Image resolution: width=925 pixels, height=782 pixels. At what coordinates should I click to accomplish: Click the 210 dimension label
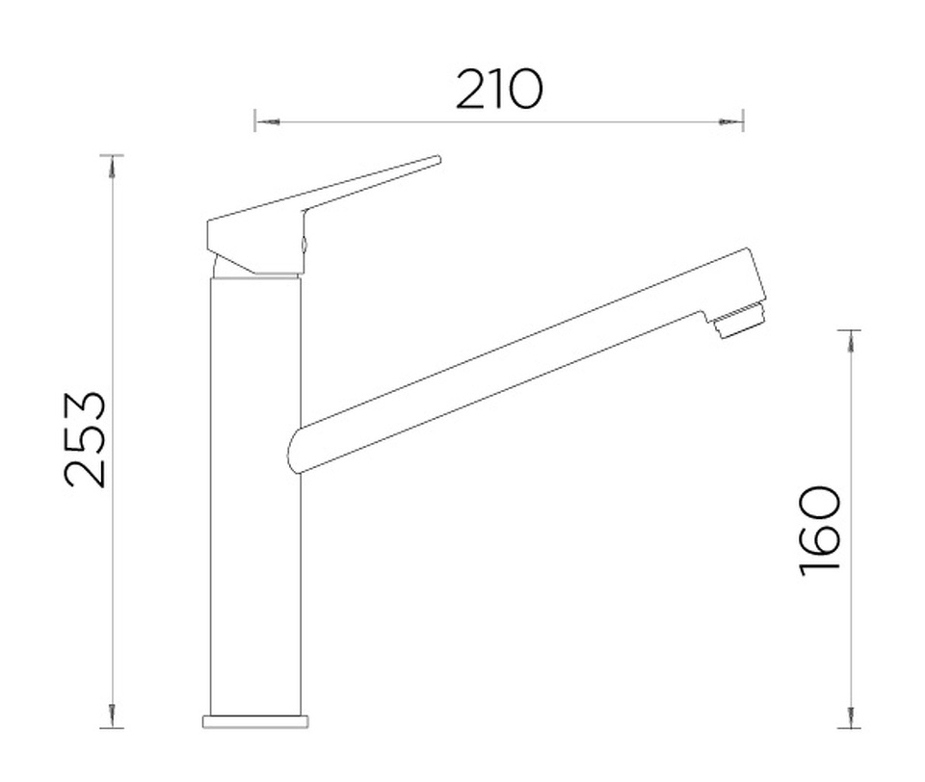coord(498,90)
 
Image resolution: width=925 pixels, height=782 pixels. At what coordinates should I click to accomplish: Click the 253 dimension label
coord(85,439)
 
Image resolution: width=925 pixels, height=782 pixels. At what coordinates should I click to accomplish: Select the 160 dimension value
coord(819,531)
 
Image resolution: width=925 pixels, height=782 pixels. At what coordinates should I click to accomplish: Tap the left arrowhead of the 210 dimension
coord(268,122)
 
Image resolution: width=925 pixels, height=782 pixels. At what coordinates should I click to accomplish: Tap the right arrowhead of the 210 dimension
coord(729,122)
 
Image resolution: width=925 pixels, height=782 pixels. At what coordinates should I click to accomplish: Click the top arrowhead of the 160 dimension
coord(850,343)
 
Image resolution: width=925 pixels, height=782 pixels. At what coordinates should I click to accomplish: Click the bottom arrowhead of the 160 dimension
coord(850,716)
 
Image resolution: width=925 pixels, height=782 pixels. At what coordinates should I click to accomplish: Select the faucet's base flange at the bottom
coord(255,721)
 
